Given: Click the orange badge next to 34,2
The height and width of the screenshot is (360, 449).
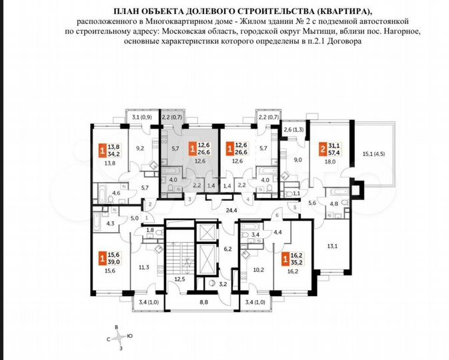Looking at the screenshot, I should [102, 151].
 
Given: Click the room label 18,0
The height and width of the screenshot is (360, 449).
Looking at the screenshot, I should [329, 161].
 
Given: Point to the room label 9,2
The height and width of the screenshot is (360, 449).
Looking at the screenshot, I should [141, 149].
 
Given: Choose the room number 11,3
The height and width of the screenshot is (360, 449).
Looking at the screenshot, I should [144, 267].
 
